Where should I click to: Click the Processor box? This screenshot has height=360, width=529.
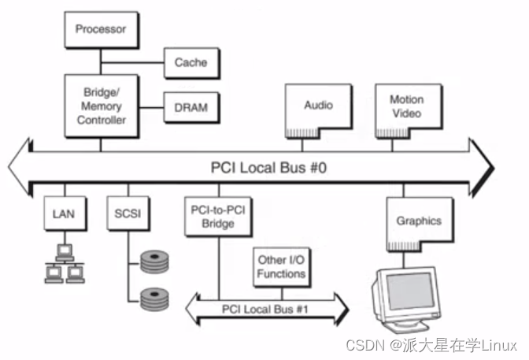tap(101, 30)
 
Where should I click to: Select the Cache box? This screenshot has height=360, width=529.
tap(191, 61)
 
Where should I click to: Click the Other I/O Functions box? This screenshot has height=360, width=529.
tap(280, 268)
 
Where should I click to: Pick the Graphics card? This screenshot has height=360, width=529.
tap(418, 223)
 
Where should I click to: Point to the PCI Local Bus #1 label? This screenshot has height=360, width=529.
tap(264, 307)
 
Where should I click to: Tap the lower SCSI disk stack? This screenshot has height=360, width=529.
tap(154, 299)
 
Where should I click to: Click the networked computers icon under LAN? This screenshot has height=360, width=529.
tap(63, 264)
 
